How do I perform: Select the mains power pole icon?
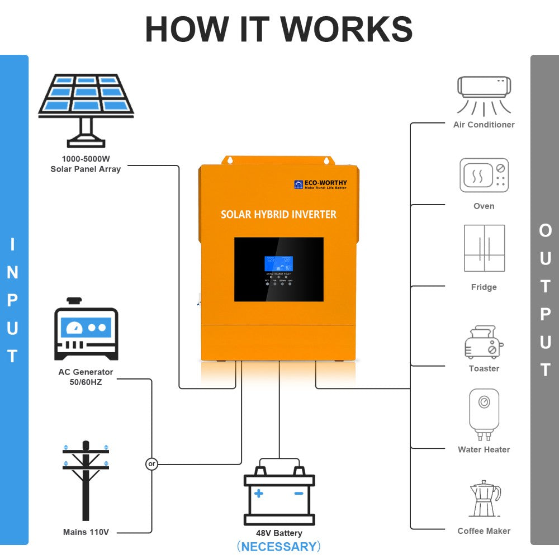pos(86,481)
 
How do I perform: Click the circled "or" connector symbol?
pos(151,464)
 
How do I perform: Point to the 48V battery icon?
pos(279,495)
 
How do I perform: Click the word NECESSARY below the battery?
pos(279,546)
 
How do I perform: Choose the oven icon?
pos(484,176)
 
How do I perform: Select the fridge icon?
pos(484,248)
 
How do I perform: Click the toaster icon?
pos(484,342)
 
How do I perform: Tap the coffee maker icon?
pos(484,499)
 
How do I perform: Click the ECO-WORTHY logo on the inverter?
pos(320,184)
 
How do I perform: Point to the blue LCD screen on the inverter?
pos(278,264)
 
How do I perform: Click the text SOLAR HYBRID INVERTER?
pos(278,215)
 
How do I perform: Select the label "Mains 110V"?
pos(86,532)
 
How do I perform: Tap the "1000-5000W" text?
pos(86,159)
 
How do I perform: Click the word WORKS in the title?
pos(347,29)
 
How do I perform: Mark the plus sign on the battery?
pos(258,493)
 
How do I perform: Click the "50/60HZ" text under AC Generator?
pos(86,382)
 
